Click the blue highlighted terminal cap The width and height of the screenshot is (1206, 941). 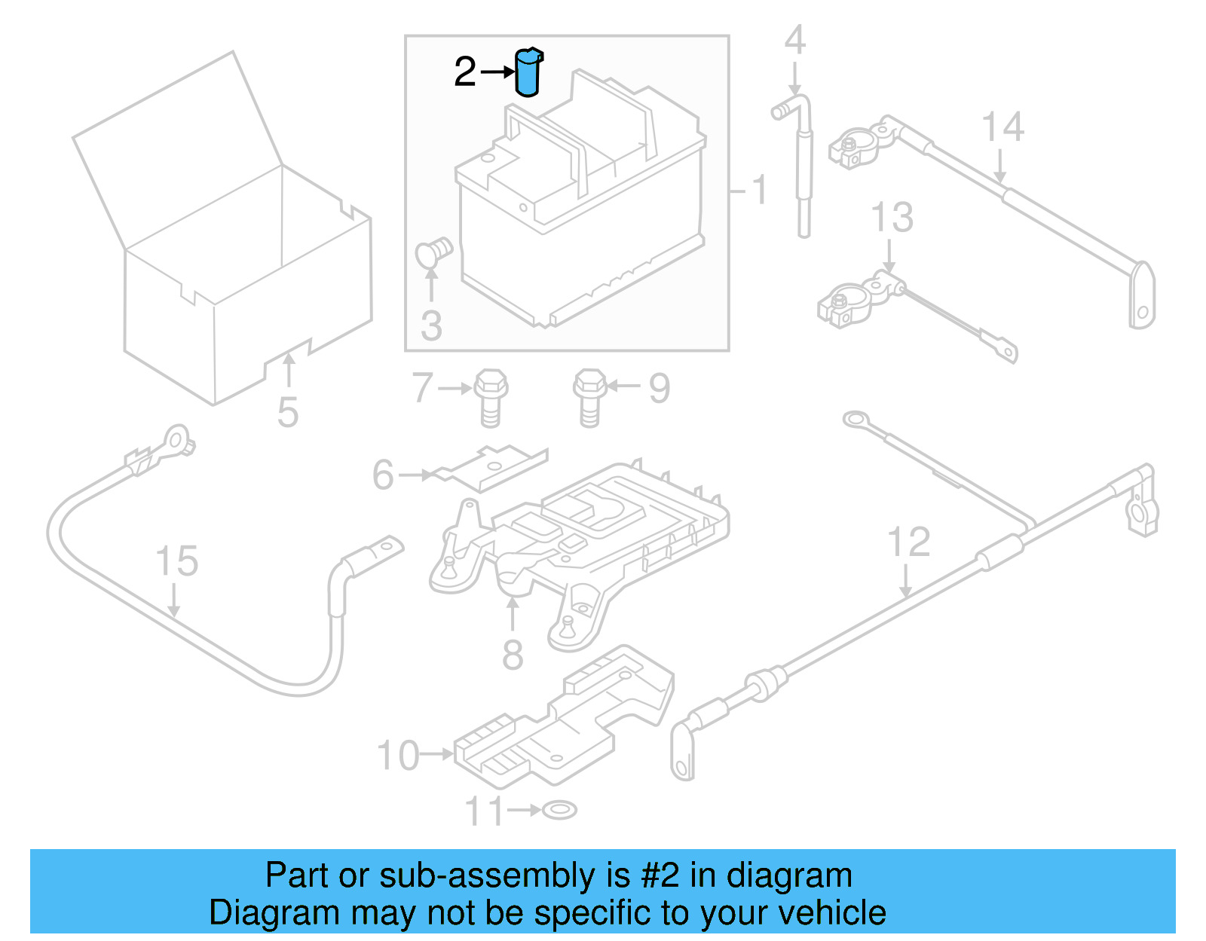(528, 73)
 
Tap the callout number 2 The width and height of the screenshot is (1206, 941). (465, 72)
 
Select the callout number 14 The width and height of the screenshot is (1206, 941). (1002, 127)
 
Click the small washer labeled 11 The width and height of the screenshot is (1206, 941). (559, 810)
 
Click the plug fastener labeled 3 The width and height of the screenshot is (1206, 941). (434, 253)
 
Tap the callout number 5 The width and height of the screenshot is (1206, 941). (288, 412)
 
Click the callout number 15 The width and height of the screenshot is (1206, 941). (176, 561)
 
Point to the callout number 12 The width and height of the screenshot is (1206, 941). (908, 542)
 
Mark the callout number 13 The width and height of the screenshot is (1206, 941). (892, 217)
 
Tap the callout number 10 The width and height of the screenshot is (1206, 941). (398, 756)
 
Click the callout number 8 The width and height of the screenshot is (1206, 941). (513, 655)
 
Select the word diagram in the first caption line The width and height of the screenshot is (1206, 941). (789, 875)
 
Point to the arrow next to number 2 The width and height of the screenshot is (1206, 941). (497, 72)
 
